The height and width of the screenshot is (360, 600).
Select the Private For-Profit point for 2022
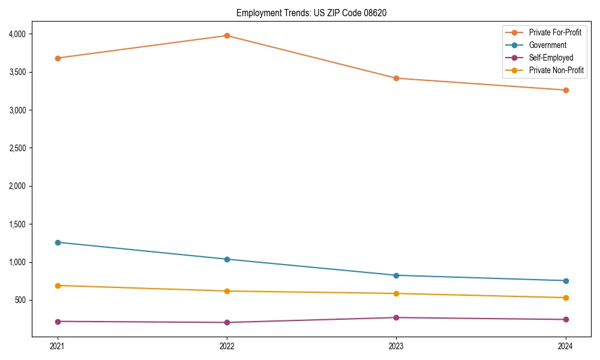pos(227,35)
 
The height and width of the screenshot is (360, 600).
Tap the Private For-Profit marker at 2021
pos(58,58)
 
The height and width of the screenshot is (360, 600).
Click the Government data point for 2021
pos(58,242)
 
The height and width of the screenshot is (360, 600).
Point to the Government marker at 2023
pos(396,275)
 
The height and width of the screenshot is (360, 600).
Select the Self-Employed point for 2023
pos(396,317)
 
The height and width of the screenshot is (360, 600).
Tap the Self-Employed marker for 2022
pos(227,322)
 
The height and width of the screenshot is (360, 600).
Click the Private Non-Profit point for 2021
pos(58,286)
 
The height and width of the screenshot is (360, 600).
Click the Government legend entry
pos(547,45)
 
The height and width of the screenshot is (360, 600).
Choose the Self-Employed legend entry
pos(551,58)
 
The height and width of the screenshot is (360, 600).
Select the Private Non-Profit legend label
pos(556,70)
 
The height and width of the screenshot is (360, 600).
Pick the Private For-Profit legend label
pos(555,32)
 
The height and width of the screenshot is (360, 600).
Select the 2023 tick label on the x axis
pos(396,346)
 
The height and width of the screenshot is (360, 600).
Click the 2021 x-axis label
pos(58,346)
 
